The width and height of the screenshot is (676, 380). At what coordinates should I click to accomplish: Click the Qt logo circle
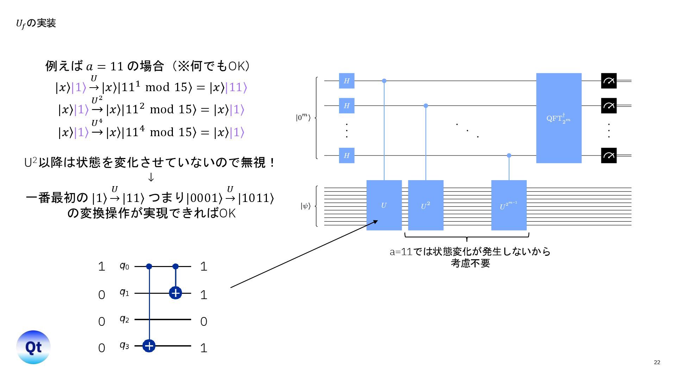(x=33, y=347)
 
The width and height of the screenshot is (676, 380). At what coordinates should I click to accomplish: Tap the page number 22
(x=657, y=362)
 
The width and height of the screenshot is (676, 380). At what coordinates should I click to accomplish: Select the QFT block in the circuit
(x=558, y=118)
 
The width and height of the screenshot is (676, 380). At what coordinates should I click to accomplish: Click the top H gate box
(x=346, y=81)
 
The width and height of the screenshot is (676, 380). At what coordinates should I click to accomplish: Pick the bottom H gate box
(x=346, y=156)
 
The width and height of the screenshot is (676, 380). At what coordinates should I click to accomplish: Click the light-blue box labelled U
(x=384, y=205)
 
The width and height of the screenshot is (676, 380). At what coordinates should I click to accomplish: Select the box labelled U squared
(x=426, y=205)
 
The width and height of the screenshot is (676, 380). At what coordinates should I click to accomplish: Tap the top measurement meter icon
(x=609, y=81)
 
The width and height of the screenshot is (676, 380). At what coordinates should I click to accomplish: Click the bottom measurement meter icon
(x=609, y=156)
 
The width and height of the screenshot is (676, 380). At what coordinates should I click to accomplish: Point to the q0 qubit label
(x=124, y=266)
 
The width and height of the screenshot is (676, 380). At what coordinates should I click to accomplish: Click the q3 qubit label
(x=124, y=346)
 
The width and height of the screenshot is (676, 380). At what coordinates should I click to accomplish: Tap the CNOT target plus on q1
(x=175, y=293)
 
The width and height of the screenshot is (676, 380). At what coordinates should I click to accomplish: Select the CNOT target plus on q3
(x=149, y=346)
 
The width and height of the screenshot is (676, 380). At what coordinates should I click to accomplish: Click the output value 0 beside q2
(x=204, y=322)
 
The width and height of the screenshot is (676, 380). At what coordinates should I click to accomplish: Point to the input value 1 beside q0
(x=102, y=267)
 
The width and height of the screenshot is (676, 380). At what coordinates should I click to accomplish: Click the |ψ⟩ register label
(x=305, y=206)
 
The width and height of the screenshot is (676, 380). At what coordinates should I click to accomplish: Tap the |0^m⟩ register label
(x=303, y=118)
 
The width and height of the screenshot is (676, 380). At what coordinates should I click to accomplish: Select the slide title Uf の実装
(x=36, y=24)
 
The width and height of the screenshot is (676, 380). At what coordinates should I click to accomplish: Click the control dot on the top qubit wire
(x=384, y=81)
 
